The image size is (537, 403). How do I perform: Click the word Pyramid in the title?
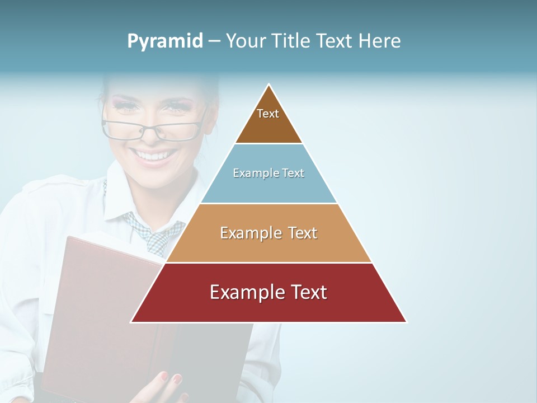pos(164,41)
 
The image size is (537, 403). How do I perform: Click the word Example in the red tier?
pos(241,292)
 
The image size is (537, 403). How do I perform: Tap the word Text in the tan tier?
pos(303,233)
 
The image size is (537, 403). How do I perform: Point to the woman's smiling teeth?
pos(154,155)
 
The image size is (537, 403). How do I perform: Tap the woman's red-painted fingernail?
pos(177,379)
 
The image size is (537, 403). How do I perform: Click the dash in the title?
pos(214,41)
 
